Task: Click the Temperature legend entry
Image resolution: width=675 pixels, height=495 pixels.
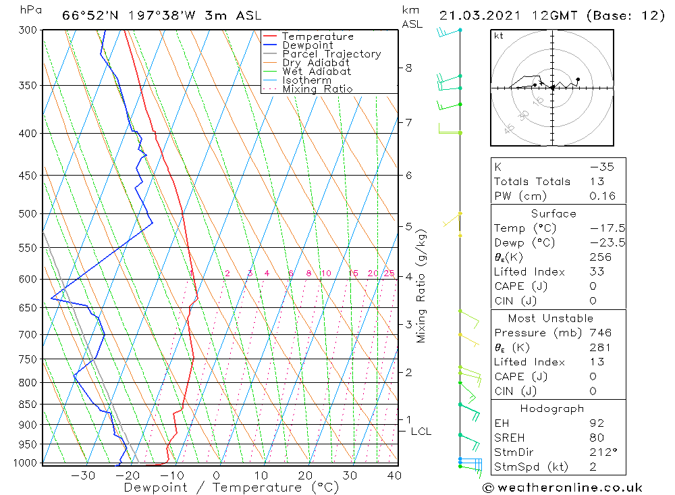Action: (x=317, y=36)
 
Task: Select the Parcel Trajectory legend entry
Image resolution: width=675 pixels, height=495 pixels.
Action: (x=331, y=54)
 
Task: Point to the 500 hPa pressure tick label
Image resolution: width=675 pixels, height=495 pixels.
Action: (x=29, y=214)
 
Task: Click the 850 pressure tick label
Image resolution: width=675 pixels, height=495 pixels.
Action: (x=29, y=405)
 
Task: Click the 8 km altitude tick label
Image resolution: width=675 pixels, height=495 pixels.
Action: (x=408, y=68)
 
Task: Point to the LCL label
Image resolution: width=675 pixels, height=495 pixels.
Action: (x=421, y=432)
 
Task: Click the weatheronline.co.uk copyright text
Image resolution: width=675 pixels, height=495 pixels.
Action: (x=562, y=487)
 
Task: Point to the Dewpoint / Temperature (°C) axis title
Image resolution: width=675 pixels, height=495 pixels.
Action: (x=231, y=487)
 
